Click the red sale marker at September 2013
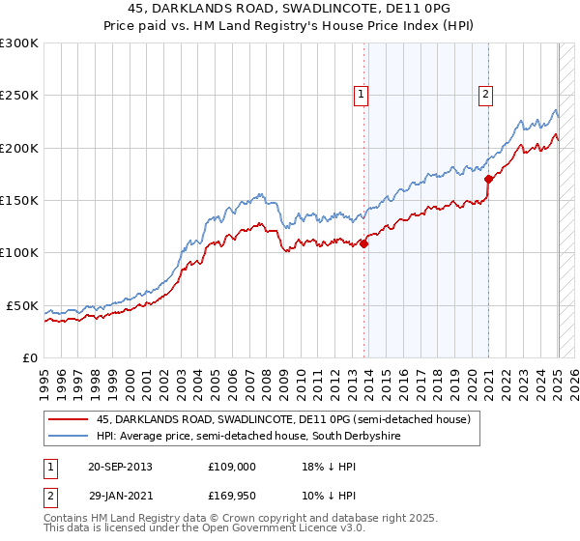click(364, 243)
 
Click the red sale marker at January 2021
click(489, 179)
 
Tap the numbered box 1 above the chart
click(361, 95)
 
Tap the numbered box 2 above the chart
click(484, 95)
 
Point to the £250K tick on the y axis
click(19, 96)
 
